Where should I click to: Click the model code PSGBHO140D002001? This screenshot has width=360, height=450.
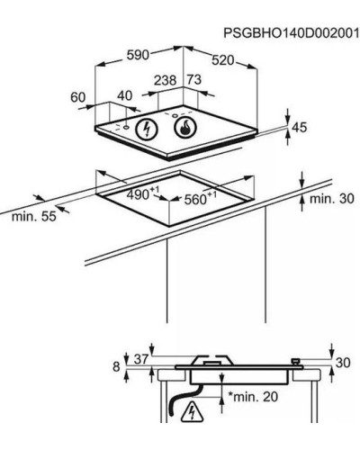[291, 33]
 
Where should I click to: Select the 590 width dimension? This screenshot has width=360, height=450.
[138, 55]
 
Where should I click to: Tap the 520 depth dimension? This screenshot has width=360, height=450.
[222, 60]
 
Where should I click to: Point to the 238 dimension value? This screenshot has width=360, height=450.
[165, 80]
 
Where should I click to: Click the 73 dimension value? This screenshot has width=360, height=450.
[194, 80]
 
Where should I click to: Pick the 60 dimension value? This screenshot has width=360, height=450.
[78, 97]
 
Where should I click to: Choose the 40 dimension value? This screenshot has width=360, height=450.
[124, 95]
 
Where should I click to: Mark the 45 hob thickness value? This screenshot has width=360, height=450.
[300, 128]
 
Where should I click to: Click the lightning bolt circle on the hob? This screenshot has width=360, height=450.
[147, 129]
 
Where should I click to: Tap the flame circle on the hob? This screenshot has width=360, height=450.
[185, 127]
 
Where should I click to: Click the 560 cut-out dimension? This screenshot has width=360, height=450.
[200, 198]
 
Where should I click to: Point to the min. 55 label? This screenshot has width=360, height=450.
[34, 216]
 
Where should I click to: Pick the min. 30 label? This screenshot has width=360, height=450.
[331, 199]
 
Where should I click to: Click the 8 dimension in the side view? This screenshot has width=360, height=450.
[116, 366]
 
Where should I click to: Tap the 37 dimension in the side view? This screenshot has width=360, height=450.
[141, 359]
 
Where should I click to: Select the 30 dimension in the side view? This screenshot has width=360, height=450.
[343, 363]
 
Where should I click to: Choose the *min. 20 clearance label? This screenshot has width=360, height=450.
[253, 397]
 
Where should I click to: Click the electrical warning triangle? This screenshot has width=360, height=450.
[192, 411]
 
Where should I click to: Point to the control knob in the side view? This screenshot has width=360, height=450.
[296, 362]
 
